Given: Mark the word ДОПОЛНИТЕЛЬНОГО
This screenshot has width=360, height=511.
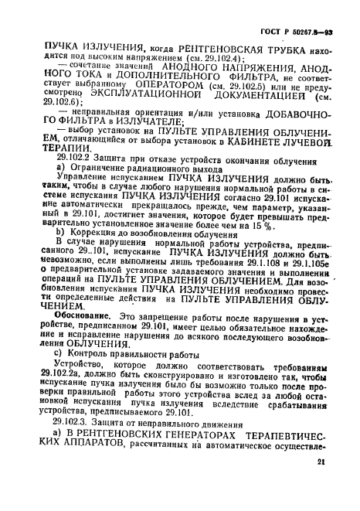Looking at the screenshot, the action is tap(144, 77).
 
